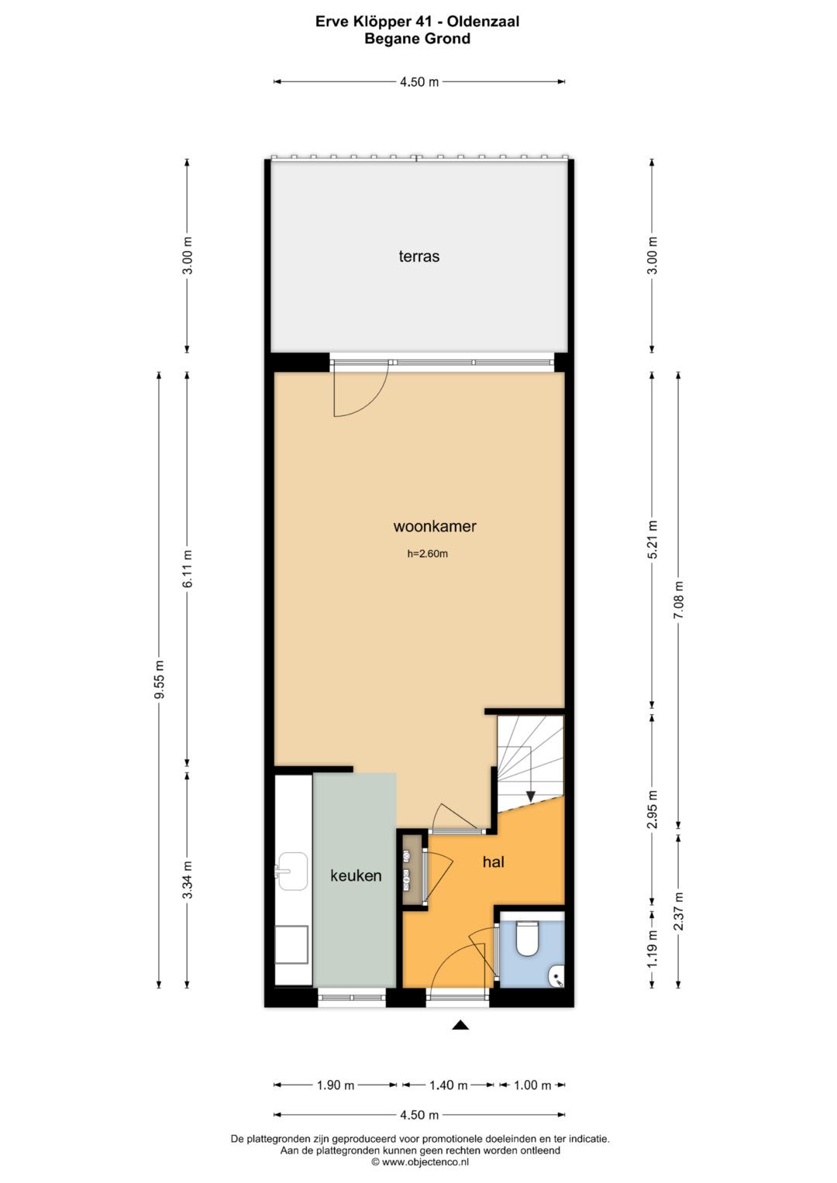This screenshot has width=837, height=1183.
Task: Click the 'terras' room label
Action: click(419, 256)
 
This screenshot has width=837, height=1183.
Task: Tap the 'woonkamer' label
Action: click(435, 527)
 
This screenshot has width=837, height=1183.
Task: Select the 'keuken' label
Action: click(356, 875)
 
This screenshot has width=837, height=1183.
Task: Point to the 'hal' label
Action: click(494, 862)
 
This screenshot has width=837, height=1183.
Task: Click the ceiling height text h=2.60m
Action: click(428, 554)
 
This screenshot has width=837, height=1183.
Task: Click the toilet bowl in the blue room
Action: click(526, 938)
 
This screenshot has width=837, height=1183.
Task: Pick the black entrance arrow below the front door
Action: click(461, 1025)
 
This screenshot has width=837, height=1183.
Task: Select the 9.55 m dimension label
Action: click(159, 679)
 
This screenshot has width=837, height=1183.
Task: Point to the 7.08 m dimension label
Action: click(678, 600)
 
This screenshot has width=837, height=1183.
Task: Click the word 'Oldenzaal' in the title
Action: click(484, 22)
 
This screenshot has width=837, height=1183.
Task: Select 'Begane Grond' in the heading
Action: click(418, 39)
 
